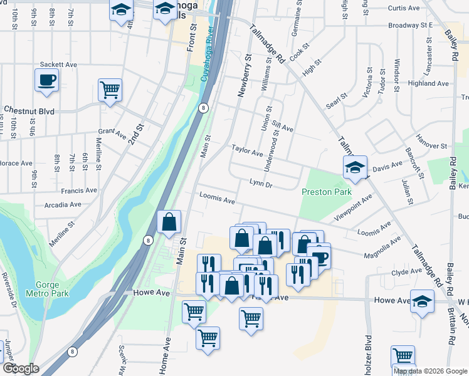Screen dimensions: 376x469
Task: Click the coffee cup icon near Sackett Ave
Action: [46, 80]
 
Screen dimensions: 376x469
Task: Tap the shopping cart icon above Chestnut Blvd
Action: [110, 90]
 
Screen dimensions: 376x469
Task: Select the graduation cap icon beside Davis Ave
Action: [354, 167]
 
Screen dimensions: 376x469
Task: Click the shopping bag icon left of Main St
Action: [169, 222]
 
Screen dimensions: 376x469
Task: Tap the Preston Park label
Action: [326, 192]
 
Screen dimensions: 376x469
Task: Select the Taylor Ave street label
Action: [247, 150]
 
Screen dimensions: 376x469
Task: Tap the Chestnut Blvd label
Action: [29, 111]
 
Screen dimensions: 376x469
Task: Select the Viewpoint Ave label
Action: [354, 206]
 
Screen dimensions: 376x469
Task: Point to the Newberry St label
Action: [244, 75]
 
